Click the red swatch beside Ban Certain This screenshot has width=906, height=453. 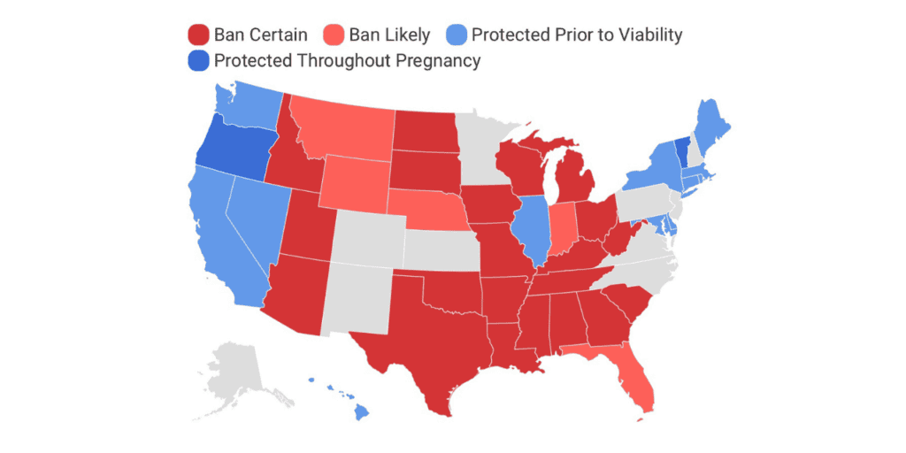[198, 35]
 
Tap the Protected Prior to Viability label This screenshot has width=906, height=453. [577, 35]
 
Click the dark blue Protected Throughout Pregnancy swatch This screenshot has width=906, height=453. [198, 60]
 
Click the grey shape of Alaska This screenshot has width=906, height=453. [234, 367]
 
